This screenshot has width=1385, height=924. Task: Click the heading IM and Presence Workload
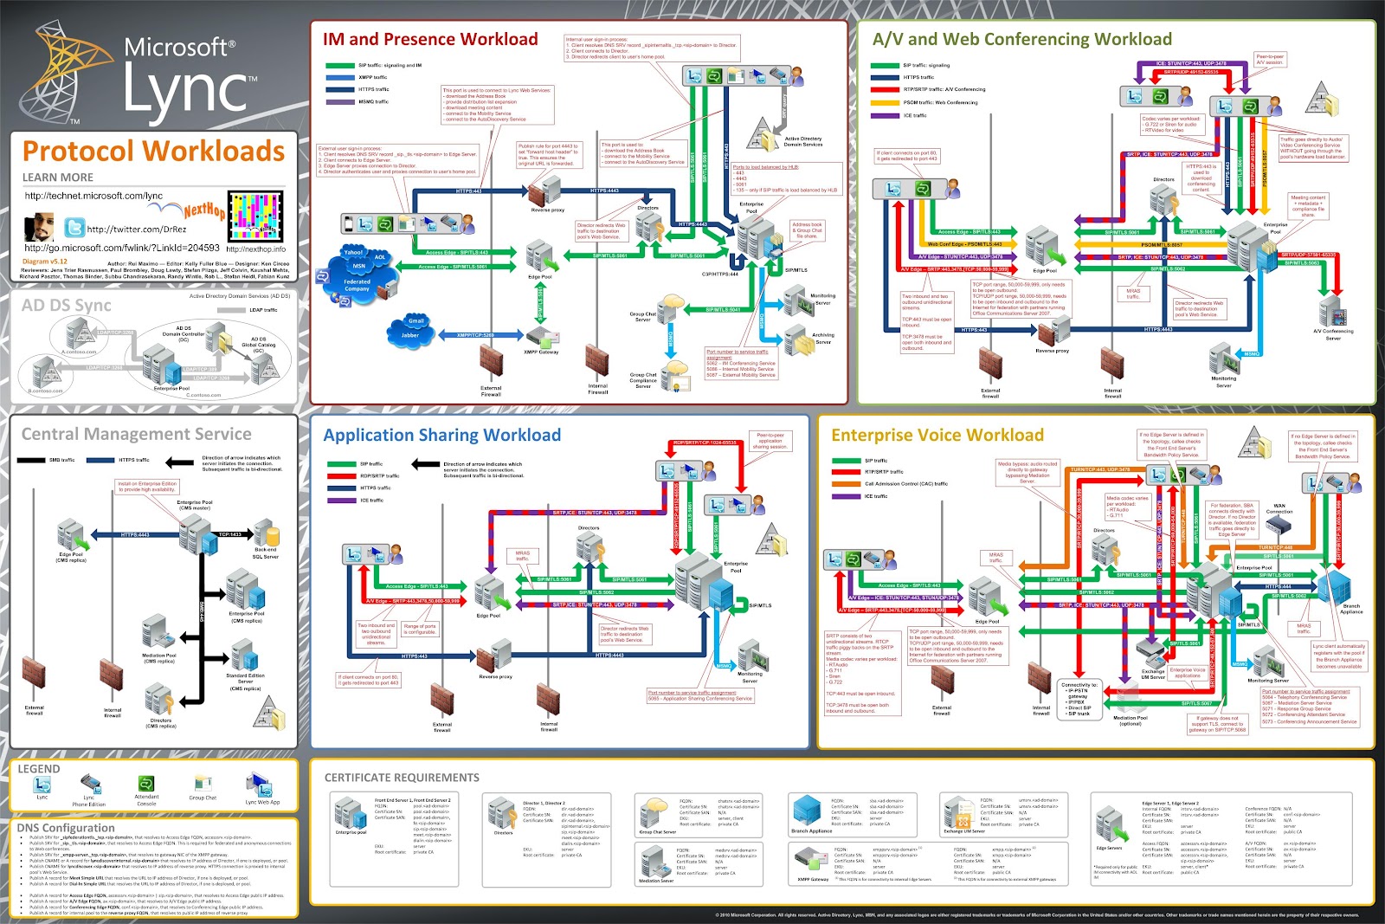pyautogui.click(x=430, y=39)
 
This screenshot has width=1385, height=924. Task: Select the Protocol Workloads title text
pyautogui.click(x=153, y=151)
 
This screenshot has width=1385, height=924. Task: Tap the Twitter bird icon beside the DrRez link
pyautogui.click(x=74, y=228)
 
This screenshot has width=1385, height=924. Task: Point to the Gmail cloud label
pyautogui.click(x=416, y=321)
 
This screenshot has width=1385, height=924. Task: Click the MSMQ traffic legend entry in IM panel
pyautogui.click(x=373, y=101)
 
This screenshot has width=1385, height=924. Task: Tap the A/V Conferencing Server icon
pyautogui.click(x=1331, y=312)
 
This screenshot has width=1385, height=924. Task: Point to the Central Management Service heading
pyautogui.click(x=136, y=434)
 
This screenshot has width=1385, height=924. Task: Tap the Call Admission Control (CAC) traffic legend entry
pyautogui.click(x=905, y=483)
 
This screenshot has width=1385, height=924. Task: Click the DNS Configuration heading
pyautogui.click(x=66, y=828)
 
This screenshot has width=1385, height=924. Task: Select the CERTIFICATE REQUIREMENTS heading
pyautogui.click(x=402, y=778)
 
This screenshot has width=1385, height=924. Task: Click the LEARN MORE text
pyautogui.click(x=57, y=177)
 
